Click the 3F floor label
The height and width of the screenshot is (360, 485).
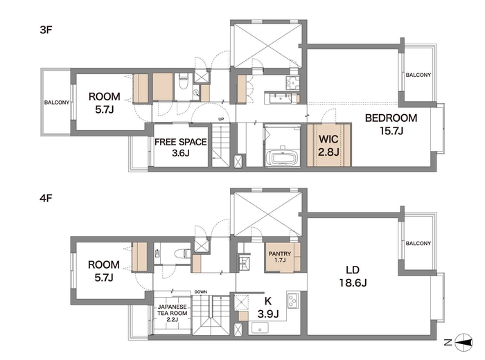[46, 30]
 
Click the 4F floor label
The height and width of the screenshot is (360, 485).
[46, 198]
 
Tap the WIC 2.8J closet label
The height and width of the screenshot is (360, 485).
[328, 145]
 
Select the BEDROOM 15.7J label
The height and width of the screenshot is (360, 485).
[391, 124]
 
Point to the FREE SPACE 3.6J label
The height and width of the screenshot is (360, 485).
[181, 147]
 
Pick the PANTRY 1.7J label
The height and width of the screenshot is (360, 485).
[280, 257]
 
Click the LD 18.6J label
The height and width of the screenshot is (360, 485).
[353, 276]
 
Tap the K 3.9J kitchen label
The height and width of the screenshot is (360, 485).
[268, 307]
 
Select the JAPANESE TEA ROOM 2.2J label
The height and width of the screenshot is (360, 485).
[173, 313]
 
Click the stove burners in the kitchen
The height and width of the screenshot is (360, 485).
[292, 300]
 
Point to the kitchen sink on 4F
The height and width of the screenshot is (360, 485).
[260, 327]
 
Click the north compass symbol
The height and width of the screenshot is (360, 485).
[464, 343]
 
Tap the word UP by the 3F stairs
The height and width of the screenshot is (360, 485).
[221, 119]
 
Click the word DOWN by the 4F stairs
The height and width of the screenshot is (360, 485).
[201, 291]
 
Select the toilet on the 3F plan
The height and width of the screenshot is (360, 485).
[184, 81]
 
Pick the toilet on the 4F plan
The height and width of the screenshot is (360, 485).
[182, 253]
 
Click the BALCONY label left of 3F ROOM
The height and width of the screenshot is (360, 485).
[57, 102]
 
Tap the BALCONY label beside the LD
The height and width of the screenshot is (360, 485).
[418, 244]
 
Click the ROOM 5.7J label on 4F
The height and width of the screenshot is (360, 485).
[104, 271]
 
